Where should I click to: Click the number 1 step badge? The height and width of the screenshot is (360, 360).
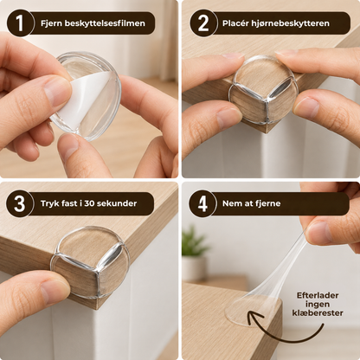(x=20, y=23)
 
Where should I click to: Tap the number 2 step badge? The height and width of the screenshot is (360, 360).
(x=203, y=23)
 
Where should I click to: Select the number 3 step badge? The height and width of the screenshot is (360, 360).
(x=20, y=203)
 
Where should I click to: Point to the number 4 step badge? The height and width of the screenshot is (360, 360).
(x=202, y=203)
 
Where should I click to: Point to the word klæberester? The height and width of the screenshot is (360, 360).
(x=318, y=313)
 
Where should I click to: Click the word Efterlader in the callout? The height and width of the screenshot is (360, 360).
(x=318, y=295)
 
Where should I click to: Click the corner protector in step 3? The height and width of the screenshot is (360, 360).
(x=90, y=261)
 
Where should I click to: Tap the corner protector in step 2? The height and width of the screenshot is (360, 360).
(x=262, y=93)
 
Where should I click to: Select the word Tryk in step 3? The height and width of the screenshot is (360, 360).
(x=48, y=203)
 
